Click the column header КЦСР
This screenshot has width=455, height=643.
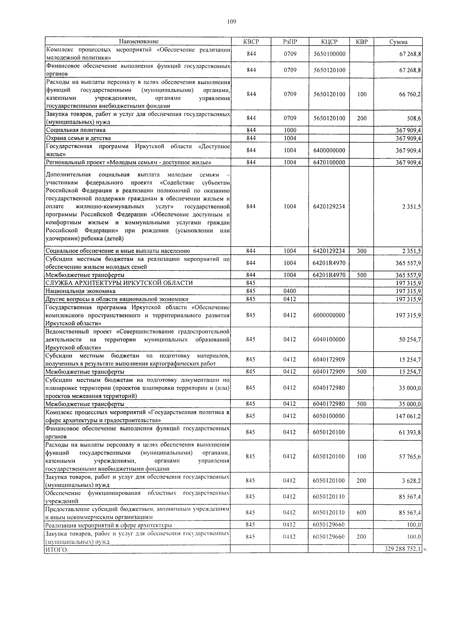[x=329, y=42]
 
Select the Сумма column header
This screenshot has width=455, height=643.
[x=399, y=42]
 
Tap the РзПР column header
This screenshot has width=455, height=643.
[x=290, y=42]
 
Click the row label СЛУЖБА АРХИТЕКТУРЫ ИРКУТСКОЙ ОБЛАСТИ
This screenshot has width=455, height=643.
[x=119, y=283]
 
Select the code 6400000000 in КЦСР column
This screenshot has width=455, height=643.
[x=329, y=150]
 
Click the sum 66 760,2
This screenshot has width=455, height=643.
[x=409, y=94]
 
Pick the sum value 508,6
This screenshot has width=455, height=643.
[x=414, y=118]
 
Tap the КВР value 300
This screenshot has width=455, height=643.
[x=362, y=251]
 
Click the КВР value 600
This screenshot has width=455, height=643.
[x=361, y=513]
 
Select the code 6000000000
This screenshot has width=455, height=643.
[x=329, y=315]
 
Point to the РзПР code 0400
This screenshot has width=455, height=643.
[x=290, y=291]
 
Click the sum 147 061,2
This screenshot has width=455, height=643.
[x=408, y=416]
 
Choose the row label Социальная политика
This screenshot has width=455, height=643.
[x=75, y=130]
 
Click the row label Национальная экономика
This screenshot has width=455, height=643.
[x=80, y=291]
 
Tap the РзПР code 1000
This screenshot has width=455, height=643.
[x=290, y=130]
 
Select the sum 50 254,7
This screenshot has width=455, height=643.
[x=409, y=339]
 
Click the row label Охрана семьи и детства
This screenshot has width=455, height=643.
[x=78, y=138]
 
